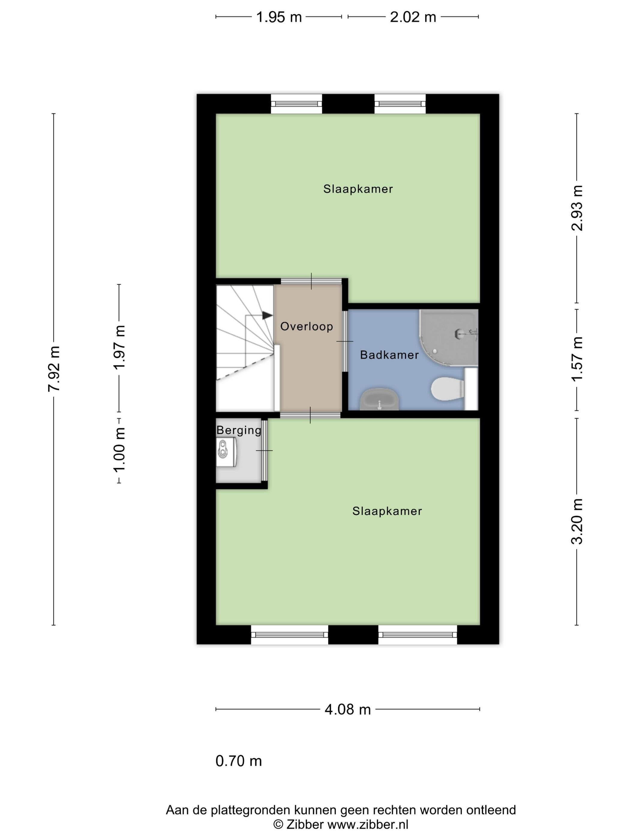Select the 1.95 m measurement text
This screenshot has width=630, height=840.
[279, 17]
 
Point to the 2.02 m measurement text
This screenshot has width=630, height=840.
[413, 17]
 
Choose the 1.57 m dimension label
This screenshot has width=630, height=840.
[577, 359]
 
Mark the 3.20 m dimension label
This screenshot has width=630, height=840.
[577, 521]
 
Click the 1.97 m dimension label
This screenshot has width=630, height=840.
[119, 347]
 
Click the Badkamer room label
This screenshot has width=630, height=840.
[389, 355]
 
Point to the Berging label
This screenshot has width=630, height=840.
[239, 430]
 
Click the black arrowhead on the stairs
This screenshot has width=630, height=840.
[267, 316]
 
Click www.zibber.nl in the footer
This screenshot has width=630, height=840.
[367, 824]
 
